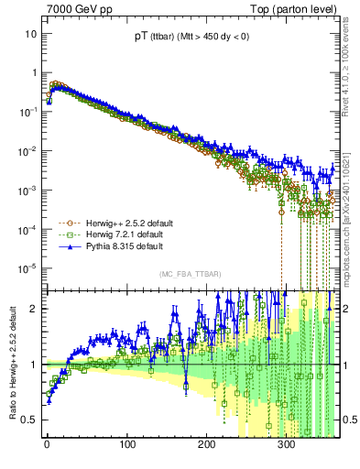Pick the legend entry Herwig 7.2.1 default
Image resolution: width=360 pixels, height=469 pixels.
(x=104, y=234)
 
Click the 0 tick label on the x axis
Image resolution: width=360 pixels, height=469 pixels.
(x=46, y=444)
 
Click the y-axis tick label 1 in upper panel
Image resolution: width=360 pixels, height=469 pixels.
(x=34, y=72)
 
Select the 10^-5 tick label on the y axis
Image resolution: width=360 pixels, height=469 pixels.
(x=28, y=268)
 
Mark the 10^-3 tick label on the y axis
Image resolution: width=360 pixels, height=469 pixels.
(x=28, y=190)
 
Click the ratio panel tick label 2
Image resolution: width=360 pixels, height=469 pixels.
(x=34, y=309)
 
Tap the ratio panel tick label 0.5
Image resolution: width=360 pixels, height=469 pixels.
(x=30, y=420)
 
